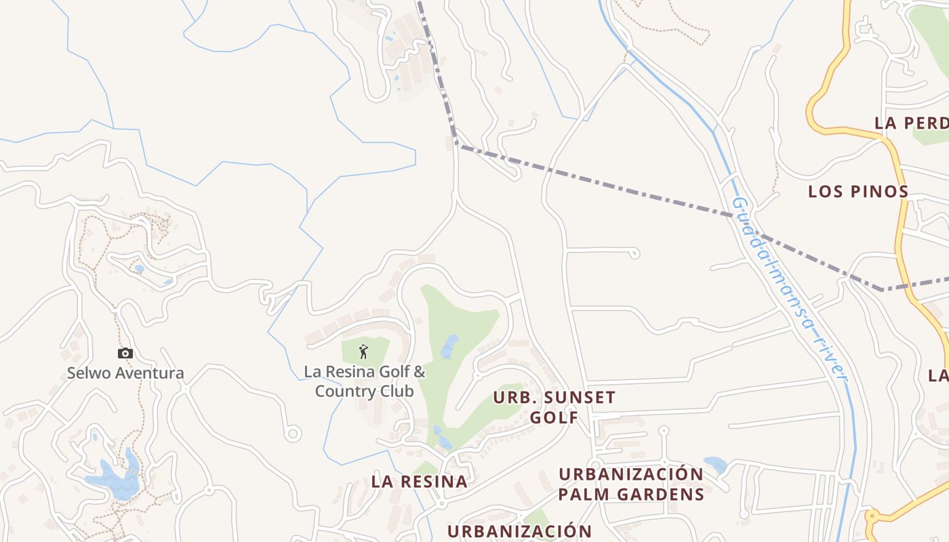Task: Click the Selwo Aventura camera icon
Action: point(125,353)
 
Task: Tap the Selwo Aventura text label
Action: point(125,373)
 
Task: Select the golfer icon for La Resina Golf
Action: point(363,352)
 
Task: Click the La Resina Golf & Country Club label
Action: point(365,381)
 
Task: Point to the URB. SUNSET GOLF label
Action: point(554,407)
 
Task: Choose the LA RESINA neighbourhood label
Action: point(419,482)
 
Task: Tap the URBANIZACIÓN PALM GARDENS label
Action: point(631,484)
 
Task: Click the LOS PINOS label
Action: point(857,192)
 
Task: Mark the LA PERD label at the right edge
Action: point(911,123)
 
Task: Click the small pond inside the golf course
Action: point(449,346)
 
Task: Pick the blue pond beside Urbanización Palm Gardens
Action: point(716,465)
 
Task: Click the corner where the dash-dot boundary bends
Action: point(457,144)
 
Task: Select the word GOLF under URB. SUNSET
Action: point(554,417)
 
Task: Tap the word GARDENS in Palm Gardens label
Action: point(662,494)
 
